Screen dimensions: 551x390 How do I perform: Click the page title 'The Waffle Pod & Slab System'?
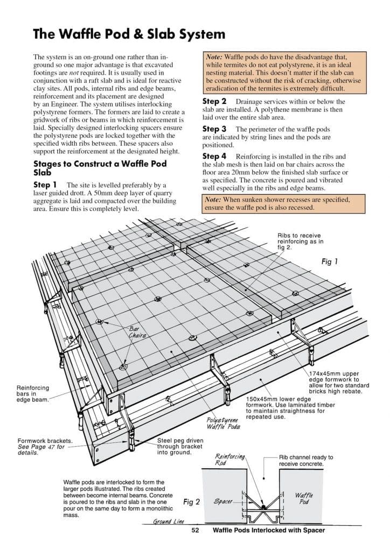129,34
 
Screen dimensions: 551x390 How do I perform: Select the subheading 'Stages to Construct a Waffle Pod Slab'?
100,168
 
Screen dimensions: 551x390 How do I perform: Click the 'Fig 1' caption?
329,262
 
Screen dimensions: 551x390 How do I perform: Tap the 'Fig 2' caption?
191,501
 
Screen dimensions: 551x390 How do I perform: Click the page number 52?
196,530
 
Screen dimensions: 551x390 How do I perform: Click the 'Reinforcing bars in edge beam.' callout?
33,393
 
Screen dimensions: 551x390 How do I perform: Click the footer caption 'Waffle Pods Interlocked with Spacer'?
269,530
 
